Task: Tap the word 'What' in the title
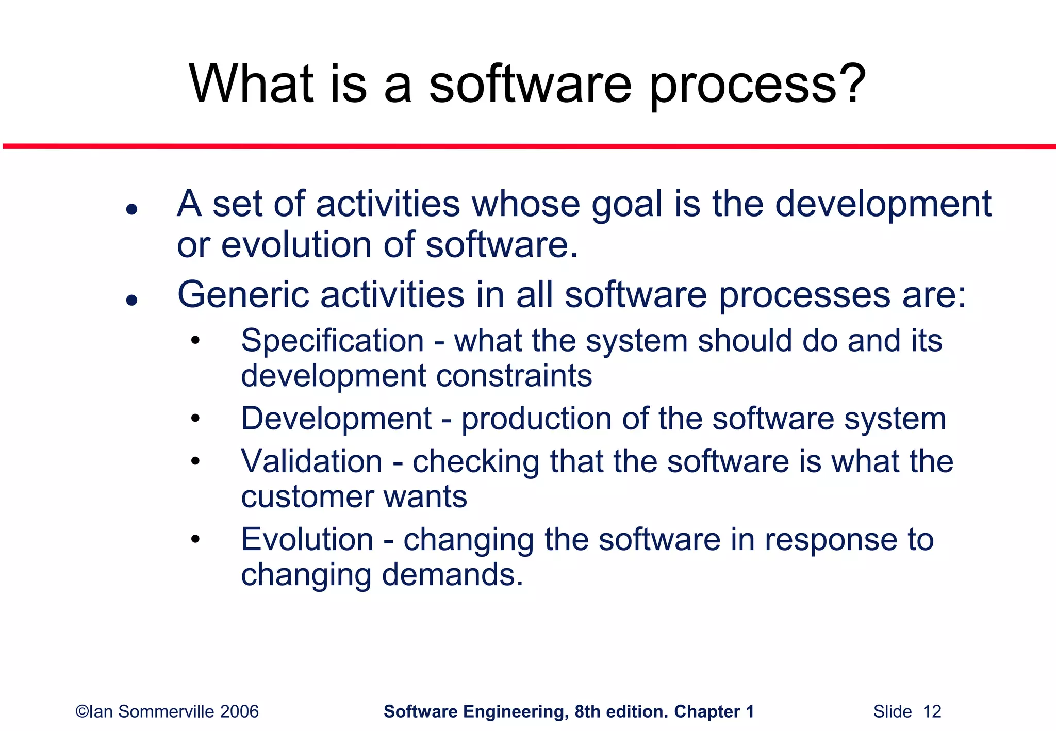point(251,84)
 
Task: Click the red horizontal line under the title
point(528,147)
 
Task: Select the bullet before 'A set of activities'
point(132,209)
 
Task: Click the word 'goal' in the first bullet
point(626,205)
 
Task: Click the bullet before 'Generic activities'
point(132,300)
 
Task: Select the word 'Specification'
point(332,341)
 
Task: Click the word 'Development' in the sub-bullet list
point(336,418)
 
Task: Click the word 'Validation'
point(311,461)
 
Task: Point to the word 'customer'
point(307,497)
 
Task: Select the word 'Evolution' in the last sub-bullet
point(307,539)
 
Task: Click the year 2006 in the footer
point(239,711)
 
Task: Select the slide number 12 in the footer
point(932,711)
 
